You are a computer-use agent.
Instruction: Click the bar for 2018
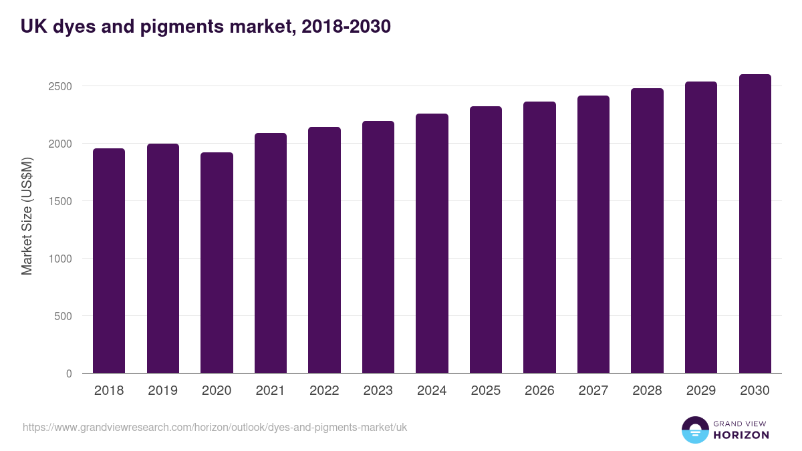click(109, 261)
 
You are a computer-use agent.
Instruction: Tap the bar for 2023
click(378, 247)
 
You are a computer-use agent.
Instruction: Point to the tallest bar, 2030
click(755, 224)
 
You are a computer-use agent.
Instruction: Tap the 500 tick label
click(63, 316)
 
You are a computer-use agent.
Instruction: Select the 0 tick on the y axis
click(69, 373)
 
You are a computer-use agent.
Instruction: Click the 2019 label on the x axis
click(163, 391)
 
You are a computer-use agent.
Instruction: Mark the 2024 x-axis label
click(432, 391)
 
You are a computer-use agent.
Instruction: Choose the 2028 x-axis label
click(647, 391)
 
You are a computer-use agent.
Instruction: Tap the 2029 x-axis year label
click(701, 391)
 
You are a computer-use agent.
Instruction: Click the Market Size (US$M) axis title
click(27, 215)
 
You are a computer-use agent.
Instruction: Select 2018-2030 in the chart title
click(346, 27)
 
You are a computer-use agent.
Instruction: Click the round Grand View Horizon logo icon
click(694, 430)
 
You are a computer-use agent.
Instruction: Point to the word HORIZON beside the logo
click(741, 435)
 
